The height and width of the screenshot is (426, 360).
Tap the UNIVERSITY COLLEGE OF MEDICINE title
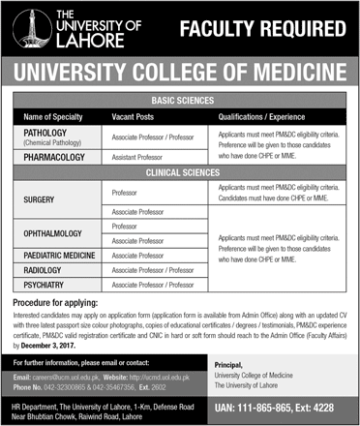(180, 72)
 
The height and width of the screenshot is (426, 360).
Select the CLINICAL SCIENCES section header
(181, 170)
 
